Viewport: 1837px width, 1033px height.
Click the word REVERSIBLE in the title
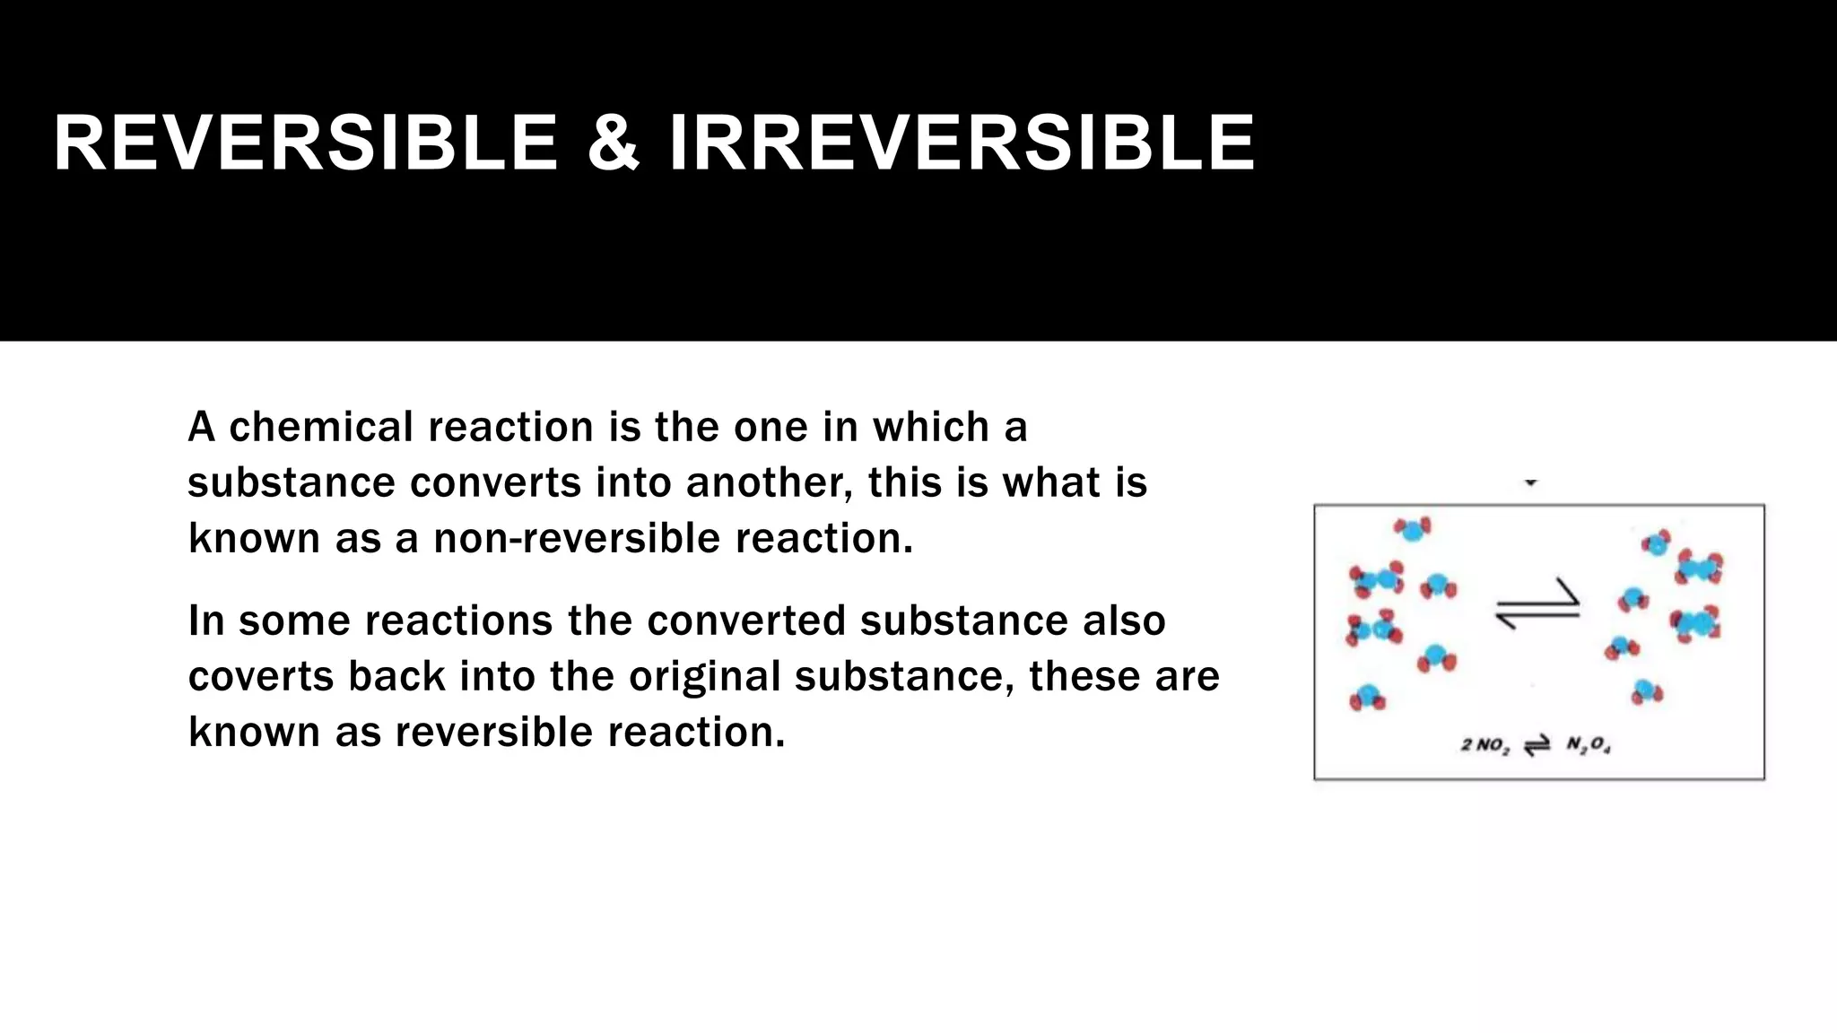(x=305, y=143)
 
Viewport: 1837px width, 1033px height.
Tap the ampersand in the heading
(x=614, y=143)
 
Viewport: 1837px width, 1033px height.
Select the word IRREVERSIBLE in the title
(x=962, y=143)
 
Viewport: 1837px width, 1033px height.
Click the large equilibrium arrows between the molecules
(x=1537, y=605)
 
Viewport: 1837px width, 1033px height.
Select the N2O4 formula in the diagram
(x=1588, y=746)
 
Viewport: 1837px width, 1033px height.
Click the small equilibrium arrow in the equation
(x=1537, y=746)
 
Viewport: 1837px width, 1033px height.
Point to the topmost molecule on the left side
(x=1413, y=529)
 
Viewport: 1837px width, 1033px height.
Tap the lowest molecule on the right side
(x=1647, y=691)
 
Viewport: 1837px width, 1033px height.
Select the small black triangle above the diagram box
(x=1531, y=482)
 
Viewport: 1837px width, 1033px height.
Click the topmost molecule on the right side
(x=1656, y=543)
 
